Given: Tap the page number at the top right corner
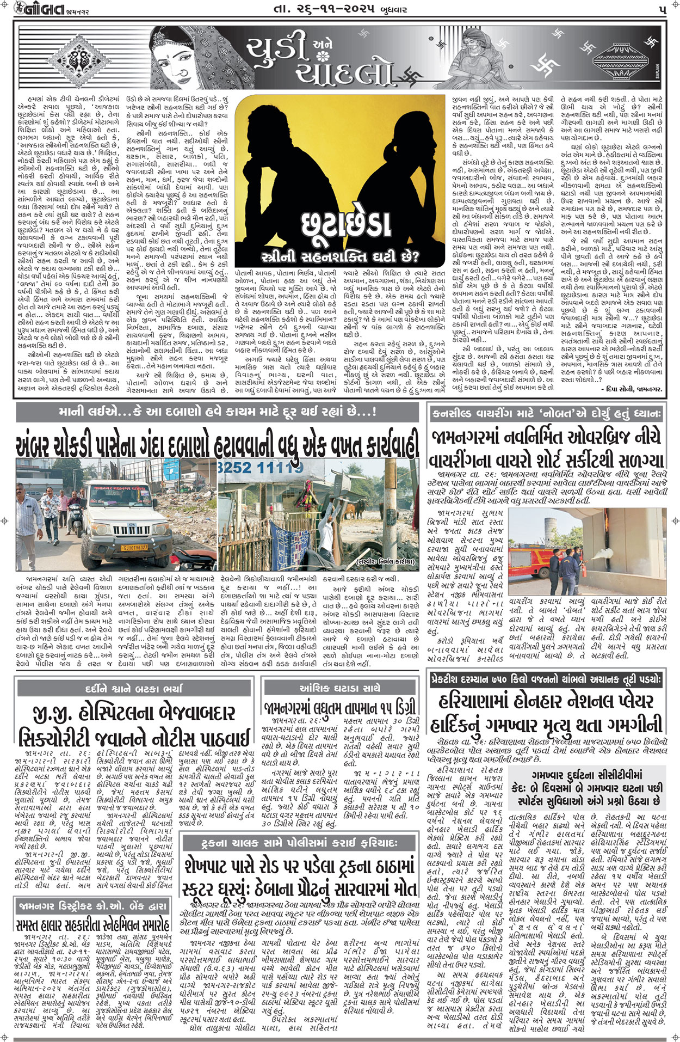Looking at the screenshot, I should [x=662, y=10].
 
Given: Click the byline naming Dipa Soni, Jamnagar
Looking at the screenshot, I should [x=631, y=389].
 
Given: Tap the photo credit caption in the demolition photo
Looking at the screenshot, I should [x=386, y=561].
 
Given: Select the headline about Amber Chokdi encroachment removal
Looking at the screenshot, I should [x=218, y=445].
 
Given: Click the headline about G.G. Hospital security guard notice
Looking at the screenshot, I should [x=134, y=725].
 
